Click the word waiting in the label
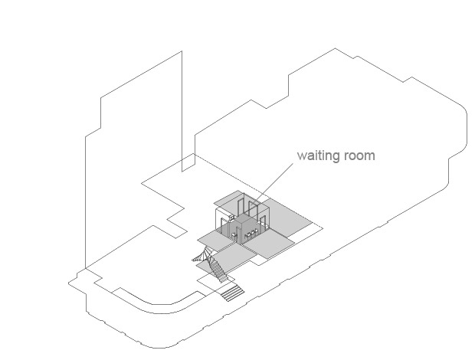coord(319,155)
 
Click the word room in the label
coord(360,155)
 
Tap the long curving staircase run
coord(218,267)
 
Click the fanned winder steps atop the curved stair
coord(202,255)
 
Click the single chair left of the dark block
coord(234,235)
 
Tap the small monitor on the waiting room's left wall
coord(231,217)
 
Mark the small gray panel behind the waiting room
coord(228,198)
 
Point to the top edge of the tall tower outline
coord(141,74)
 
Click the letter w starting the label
coord(301,156)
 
